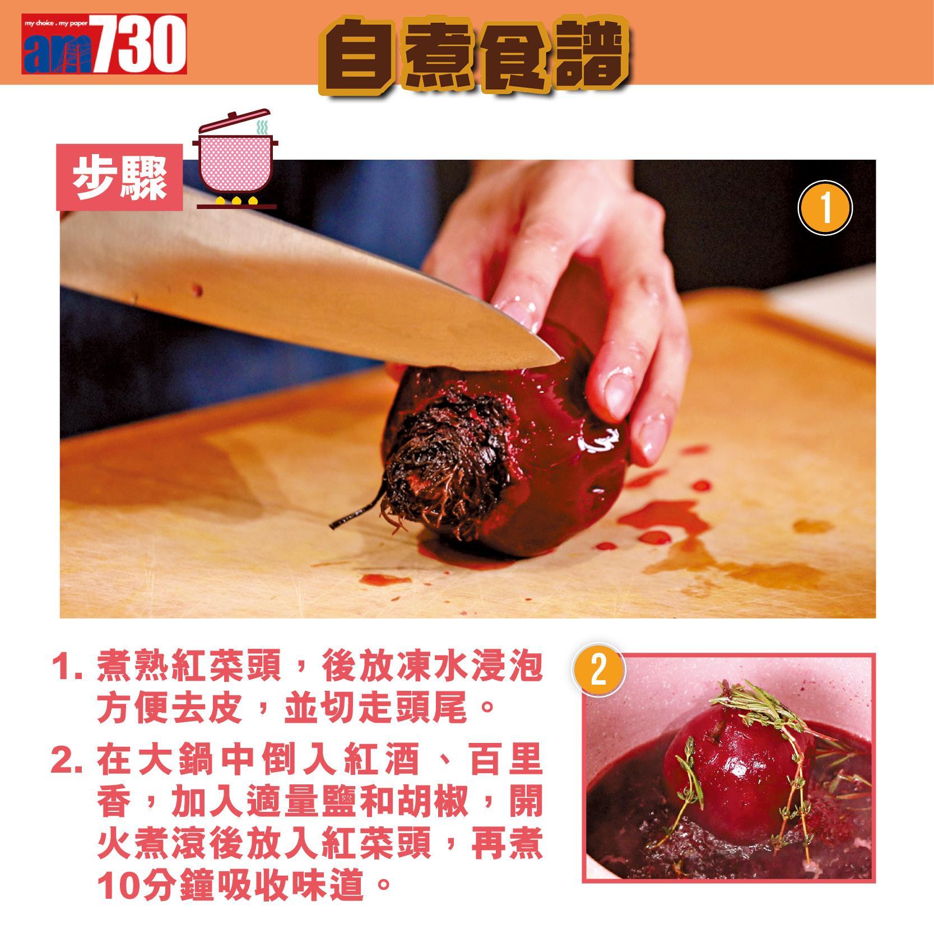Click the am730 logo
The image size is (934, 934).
pyautogui.click(x=104, y=44)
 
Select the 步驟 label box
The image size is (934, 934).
pyautogui.click(x=120, y=177)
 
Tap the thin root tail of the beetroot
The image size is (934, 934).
pyautogui.click(x=353, y=515)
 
